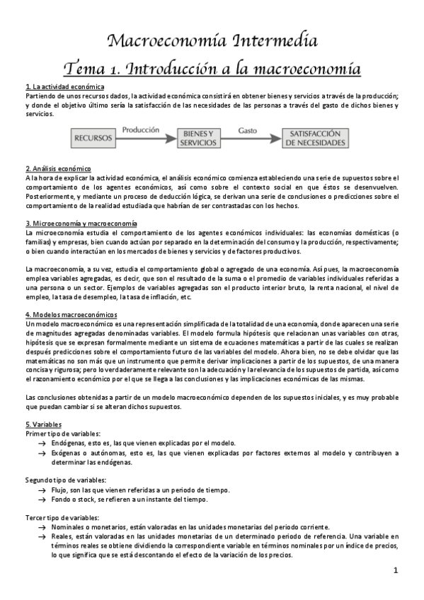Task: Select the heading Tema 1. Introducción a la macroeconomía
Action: click(x=212, y=69)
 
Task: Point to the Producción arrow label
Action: click(x=141, y=130)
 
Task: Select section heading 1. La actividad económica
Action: click(x=64, y=86)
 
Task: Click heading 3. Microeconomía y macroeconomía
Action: click(x=81, y=223)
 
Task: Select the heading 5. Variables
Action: click(x=42, y=423)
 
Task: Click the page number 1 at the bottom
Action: click(x=396, y=571)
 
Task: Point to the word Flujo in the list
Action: click(x=59, y=489)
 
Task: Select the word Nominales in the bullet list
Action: click(x=69, y=527)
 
